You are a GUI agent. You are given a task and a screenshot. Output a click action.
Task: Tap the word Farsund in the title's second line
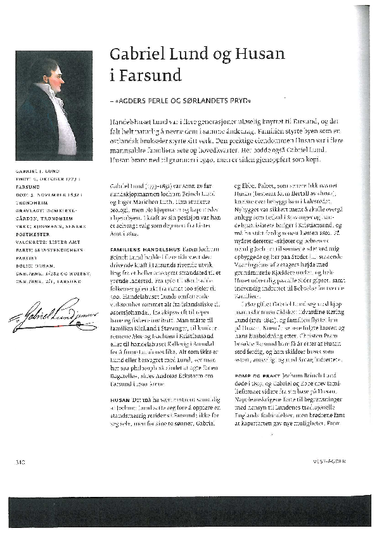point(150,75)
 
